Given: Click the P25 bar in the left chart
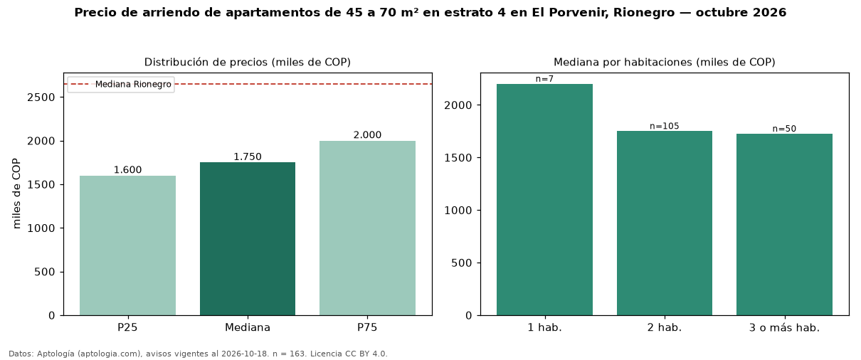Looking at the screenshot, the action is [127, 245].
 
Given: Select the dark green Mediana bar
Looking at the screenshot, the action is [248, 239].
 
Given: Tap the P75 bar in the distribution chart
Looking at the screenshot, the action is [367, 228].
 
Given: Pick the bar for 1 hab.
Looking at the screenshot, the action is [544, 200].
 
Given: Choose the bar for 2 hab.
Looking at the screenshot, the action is [665, 223].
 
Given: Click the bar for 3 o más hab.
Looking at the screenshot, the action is [785, 225].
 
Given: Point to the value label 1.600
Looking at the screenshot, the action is [127, 170].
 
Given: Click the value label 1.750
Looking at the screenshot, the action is [248, 157].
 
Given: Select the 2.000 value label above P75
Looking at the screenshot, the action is [367, 135].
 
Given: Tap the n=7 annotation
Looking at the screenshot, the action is [544, 79].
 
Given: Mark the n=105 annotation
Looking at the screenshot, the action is [665, 126].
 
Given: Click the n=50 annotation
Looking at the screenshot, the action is [785, 129].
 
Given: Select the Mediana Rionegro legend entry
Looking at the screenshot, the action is [121, 85].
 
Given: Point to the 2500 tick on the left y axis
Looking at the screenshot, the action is [41, 97].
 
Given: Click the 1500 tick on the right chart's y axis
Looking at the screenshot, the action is [458, 158].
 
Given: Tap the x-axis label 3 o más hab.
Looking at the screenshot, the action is [785, 328].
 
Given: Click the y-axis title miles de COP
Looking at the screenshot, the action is [16, 194].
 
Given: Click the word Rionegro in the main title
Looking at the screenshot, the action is [644, 13].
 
